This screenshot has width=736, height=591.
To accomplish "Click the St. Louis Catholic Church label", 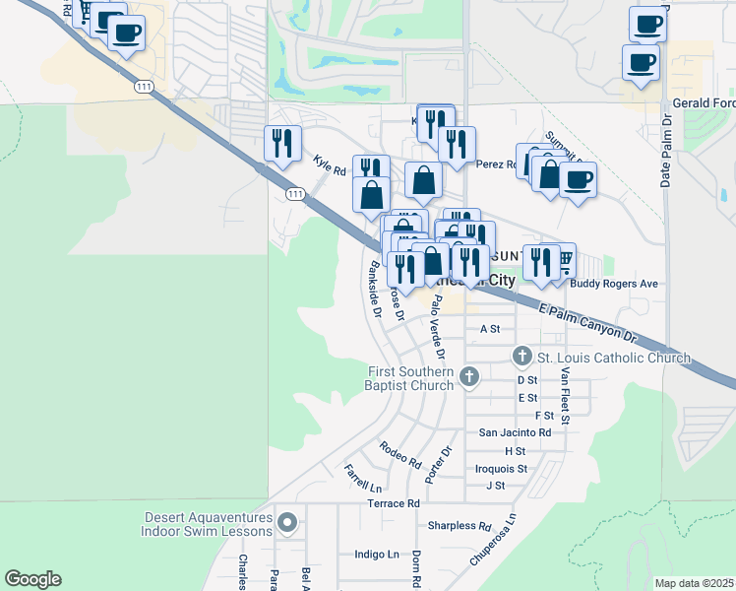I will point(614,356).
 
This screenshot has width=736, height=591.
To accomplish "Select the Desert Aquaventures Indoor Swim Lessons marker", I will point(287,521).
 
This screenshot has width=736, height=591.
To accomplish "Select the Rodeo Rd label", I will point(400,454).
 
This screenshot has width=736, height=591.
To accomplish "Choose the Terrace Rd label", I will point(394,503).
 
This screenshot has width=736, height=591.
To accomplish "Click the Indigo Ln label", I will point(377,555).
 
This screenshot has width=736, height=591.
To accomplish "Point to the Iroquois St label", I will point(502,469).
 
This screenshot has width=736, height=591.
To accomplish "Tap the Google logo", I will point(32,579).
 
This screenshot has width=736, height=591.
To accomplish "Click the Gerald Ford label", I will point(704,103).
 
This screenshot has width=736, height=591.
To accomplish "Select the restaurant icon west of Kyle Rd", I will point(281,142).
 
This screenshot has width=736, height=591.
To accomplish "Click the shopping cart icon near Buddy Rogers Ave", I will point(564,258).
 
